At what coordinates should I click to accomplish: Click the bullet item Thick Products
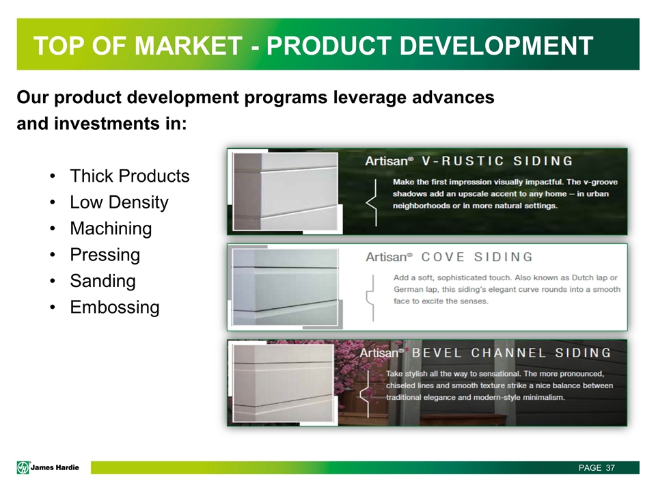point(129,176)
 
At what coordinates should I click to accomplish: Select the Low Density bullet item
point(119,202)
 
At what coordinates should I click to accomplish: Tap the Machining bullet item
point(111,228)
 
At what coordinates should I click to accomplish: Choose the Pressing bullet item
point(105,255)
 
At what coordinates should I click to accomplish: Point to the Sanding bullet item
point(102,281)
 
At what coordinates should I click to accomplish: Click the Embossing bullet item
point(114,307)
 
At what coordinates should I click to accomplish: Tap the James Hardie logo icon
point(24,467)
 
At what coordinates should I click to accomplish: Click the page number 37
point(610,467)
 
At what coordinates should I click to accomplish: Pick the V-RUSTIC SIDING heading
point(497,161)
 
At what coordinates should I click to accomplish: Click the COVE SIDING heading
point(476,257)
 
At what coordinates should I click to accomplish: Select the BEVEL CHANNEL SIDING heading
point(516,353)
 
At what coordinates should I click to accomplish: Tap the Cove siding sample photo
point(285,286)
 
